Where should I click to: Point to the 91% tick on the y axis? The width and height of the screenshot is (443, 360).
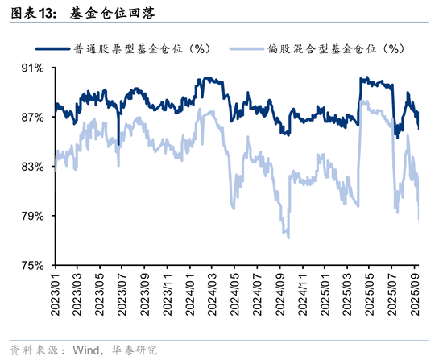click(33, 68)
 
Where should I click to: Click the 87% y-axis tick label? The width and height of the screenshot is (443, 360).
click(33, 118)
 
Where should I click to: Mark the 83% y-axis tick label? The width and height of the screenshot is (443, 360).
click(33, 167)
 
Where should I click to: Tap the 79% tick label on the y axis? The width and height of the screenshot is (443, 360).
click(33, 216)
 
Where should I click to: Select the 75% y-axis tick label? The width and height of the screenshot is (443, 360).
click(33, 265)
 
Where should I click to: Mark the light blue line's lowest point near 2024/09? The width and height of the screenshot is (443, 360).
click(288, 237)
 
